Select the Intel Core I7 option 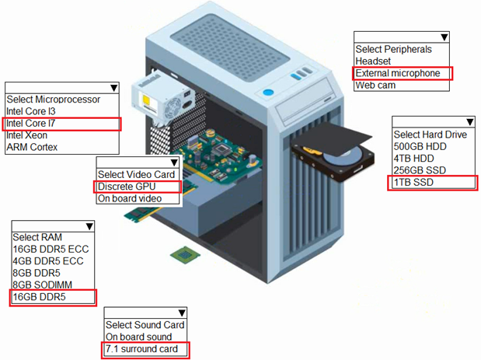pyautogui.click(x=31, y=124)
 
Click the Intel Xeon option pyautogui.click(x=26, y=135)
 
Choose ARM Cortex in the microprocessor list pyautogui.click(x=32, y=147)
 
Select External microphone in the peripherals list pyautogui.click(x=397, y=73)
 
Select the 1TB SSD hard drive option pyautogui.click(x=413, y=183)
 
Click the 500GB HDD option pyautogui.click(x=420, y=147)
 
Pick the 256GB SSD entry pyautogui.click(x=420, y=170)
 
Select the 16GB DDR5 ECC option pyautogui.click(x=45, y=249)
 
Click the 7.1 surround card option pyautogui.click(x=141, y=349)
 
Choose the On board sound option pyautogui.click(x=138, y=337)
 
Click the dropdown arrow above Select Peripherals pyautogui.click(x=444, y=37)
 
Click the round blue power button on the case pyautogui.click(x=269, y=93)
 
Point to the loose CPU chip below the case pyautogui.click(x=183, y=254)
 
